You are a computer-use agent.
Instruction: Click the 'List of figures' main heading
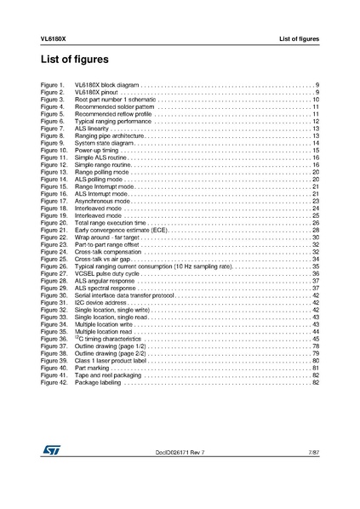tap(75, 60)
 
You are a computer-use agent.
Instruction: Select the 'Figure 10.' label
tap(54, 150)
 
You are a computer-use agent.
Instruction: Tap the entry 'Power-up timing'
tap(96, 150)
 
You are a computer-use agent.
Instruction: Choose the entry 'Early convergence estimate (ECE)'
tap(122, 230)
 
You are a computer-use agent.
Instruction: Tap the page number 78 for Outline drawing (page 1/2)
tap(315, 346)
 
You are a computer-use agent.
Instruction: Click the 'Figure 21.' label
tap(54, 230)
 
